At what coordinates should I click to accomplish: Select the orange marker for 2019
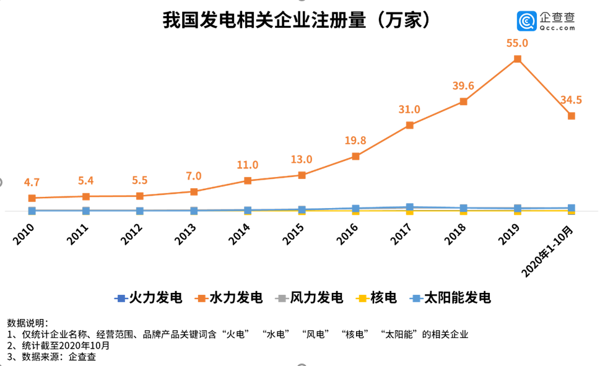point(517,59)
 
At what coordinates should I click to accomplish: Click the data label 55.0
point(517,43)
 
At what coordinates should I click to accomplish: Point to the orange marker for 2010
point(32,198)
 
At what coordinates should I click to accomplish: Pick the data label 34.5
point(571,100)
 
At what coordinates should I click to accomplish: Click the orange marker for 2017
point(410,125)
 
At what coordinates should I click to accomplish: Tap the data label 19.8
point(355,141)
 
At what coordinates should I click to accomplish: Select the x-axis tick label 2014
point(240,236)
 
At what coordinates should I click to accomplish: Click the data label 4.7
point(32,183)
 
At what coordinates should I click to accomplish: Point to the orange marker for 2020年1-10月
point(571,116)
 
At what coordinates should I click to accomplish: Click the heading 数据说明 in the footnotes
point(27,323)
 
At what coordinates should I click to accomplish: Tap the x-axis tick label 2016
point(349,236)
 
